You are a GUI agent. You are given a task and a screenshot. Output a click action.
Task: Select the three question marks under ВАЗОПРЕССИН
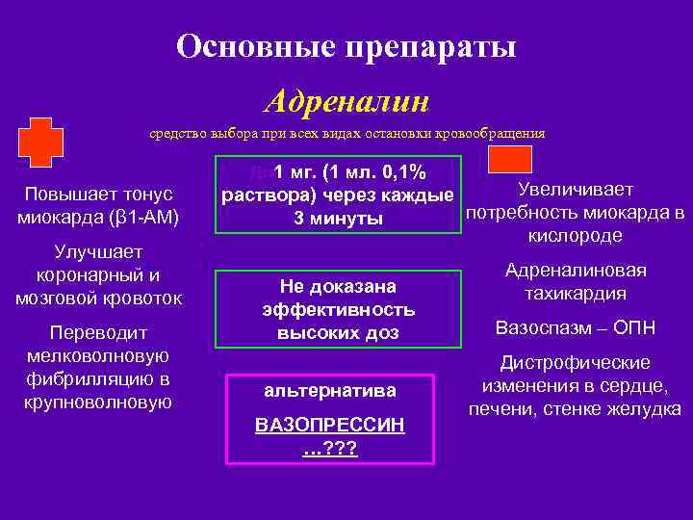tap(329, 448)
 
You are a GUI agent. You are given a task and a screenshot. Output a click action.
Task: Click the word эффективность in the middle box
tap(338, 309)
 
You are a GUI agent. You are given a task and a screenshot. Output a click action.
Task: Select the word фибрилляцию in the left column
tap(98, 377)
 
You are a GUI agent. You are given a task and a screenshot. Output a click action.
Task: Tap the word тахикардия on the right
tap(576, 293)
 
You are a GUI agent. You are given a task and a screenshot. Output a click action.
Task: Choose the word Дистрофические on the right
tap(576, 363)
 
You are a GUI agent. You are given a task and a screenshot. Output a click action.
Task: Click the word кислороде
tap(576, 235)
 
